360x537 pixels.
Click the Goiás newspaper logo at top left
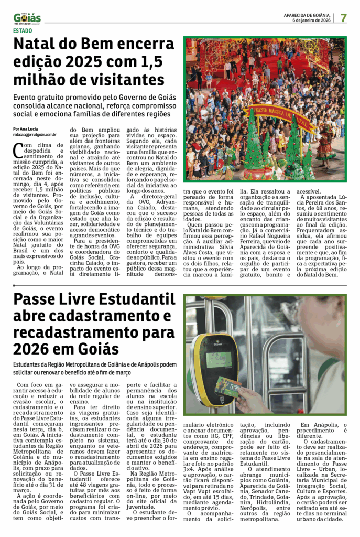pos(27,18)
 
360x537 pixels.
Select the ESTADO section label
pos(24,30)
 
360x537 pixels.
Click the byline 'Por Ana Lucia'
pos(25,129)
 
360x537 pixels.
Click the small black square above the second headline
pos(15,286)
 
